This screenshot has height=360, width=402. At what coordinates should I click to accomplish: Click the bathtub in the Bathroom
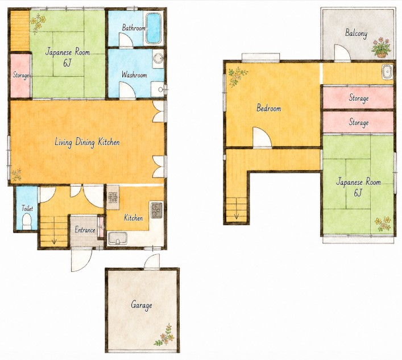154,28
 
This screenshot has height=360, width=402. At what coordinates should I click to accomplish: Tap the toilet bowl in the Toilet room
27,222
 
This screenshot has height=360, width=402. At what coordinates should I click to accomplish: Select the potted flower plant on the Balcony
381,47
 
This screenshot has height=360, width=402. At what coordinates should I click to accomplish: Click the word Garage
141,305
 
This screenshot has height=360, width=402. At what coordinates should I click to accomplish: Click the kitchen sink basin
118,238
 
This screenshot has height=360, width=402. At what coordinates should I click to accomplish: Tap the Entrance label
85,230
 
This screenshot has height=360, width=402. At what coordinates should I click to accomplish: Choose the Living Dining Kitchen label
87,142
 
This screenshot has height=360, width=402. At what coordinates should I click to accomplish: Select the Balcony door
342,53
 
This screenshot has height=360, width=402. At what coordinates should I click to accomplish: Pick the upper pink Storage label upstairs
359,98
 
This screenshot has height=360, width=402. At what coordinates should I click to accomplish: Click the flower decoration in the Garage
165,335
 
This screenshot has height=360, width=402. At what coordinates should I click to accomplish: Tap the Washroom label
134,75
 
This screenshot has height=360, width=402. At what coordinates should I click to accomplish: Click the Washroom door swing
127,90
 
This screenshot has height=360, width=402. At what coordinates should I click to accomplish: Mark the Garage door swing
152,262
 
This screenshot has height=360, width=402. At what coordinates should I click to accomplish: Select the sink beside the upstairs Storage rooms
387,72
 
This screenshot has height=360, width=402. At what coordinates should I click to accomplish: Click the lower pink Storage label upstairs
359,122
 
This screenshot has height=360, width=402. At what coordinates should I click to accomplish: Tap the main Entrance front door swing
81,259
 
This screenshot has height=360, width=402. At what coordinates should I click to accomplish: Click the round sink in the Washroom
158,59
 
